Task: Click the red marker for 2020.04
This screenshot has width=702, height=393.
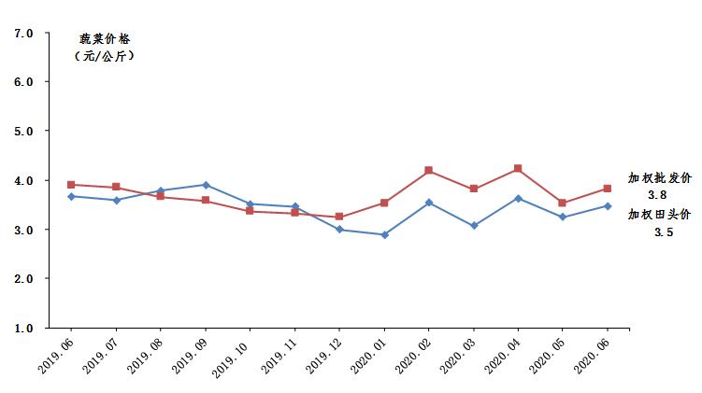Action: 518,169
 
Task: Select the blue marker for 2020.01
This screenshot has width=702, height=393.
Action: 384,234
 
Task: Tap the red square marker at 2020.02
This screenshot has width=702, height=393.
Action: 428,171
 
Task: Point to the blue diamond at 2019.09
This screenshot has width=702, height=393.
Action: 206,185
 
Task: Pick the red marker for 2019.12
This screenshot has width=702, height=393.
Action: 339,217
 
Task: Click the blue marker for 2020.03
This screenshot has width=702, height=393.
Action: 474,226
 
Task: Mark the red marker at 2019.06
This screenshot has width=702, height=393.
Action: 71,185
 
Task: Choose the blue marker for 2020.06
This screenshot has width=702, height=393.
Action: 608,206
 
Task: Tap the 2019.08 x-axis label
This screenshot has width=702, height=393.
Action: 146,355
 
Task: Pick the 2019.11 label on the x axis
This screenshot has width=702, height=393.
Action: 280,355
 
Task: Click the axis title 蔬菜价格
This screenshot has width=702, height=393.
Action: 104,39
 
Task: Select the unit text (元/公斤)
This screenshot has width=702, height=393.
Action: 104,56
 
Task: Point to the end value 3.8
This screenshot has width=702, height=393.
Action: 656,195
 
